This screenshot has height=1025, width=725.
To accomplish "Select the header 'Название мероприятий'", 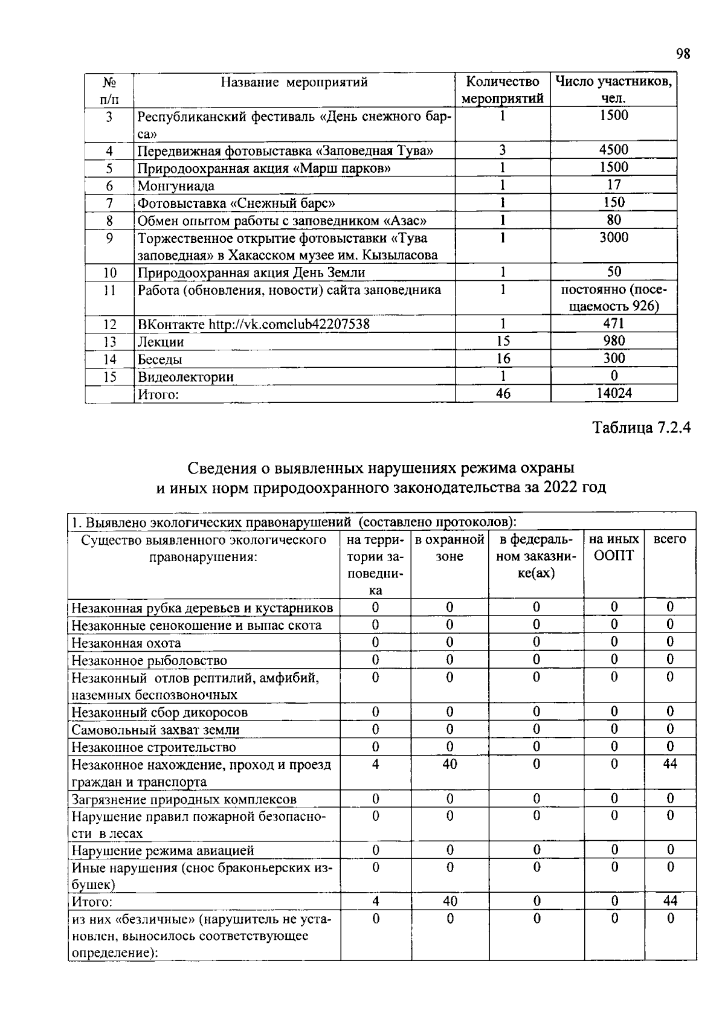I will click(x=294, y=83).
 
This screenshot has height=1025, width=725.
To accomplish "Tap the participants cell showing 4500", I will click(x=613, y=150).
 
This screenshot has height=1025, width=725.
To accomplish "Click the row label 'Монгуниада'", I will click(x=176, y=185).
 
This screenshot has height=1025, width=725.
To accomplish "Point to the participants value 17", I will click(x=613, y=185).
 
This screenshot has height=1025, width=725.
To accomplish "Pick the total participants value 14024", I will click(x=613, y=394).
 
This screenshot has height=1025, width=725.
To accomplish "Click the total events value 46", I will click(x=503, y=394).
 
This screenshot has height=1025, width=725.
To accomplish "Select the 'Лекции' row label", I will click(x=161, y=342).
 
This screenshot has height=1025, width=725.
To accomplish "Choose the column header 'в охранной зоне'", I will click(x=449, y=548).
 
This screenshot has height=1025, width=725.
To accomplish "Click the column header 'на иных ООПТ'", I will click(x=614, y=548).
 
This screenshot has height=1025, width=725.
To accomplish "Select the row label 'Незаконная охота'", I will click(x=126, y=643).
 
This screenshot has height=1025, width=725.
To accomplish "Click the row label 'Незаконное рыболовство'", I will click(x=149, y=661).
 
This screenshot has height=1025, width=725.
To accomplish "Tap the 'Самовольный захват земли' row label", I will click(x=155, y=730).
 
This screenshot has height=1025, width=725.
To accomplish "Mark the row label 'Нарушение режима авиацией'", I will click(x=163, y=851).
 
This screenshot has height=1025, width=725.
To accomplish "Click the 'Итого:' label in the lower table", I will click(x=92, y=902).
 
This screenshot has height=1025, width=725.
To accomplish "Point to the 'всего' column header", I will click(x=669, y=539).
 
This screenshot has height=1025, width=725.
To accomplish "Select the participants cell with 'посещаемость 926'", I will click(x=613, y=298).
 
